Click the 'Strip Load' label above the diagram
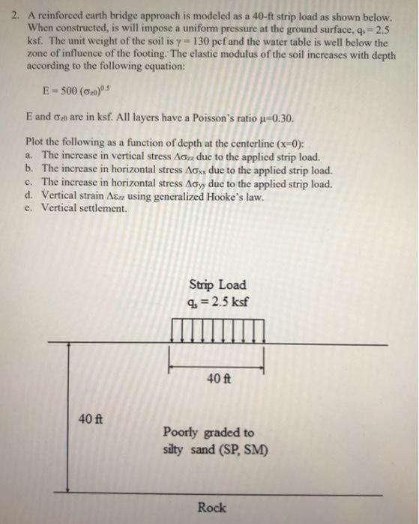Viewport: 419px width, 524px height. point(217,285)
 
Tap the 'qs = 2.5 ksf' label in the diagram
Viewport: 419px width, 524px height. point(217,302)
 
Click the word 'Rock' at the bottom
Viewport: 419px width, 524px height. point(211,508)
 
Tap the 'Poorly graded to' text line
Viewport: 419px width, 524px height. point(208,433)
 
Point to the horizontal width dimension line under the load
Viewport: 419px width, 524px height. point(216,366)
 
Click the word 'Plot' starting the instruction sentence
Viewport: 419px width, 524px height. point(34,141)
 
